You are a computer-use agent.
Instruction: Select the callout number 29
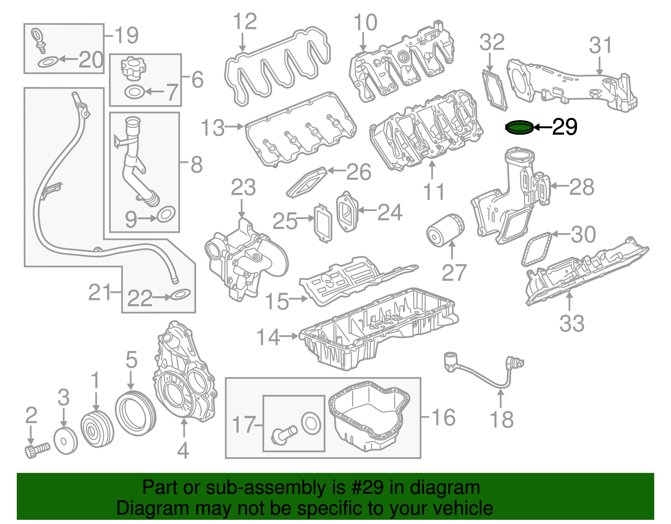564,127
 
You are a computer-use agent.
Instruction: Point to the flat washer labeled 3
66,441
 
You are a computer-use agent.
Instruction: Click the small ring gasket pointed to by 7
135,91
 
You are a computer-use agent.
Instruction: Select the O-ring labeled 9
166,215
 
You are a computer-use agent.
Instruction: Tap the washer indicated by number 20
47,62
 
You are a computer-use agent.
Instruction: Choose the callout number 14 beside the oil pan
268,337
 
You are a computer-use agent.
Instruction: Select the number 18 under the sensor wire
502,419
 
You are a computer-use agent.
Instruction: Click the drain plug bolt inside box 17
284,435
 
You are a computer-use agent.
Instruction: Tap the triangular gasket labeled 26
307,182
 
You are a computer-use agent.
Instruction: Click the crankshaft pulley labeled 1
97,430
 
